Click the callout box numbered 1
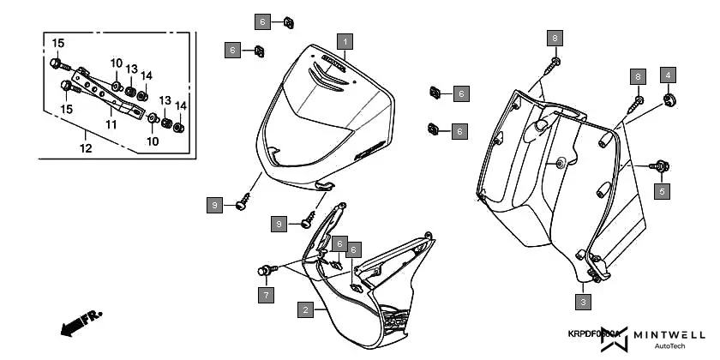(344, 41)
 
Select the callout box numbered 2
(304, 310)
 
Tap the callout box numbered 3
(583, 302)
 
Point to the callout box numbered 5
(662, 191)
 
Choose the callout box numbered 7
(266, 295)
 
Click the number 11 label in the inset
(111, 124)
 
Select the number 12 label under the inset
(85, 148)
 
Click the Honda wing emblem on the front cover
(329, 72)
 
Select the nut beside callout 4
(668, 101)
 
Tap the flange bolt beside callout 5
(662, 165)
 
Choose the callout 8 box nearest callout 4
(637, 76)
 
